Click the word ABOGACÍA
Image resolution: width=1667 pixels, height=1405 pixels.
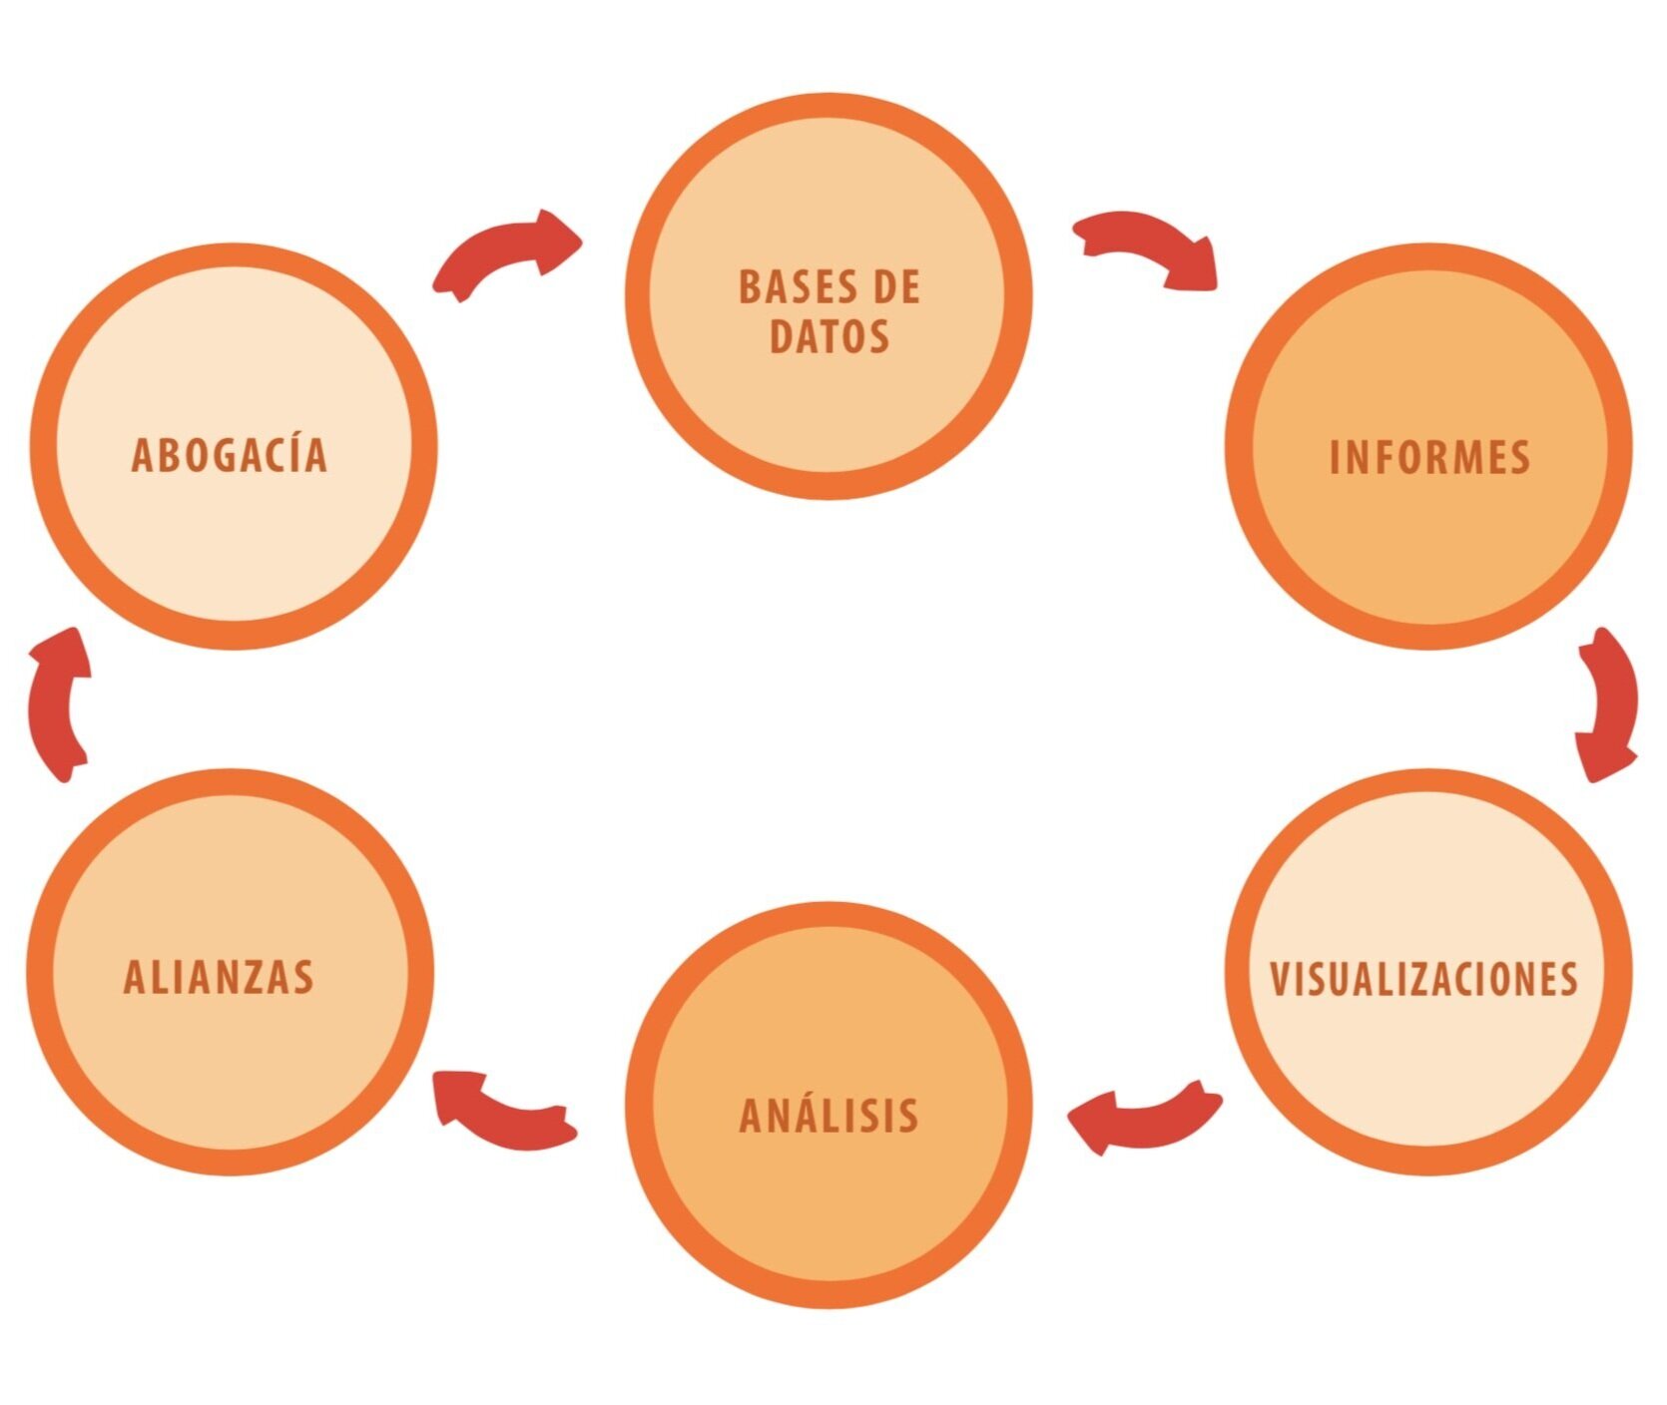pos(229,455)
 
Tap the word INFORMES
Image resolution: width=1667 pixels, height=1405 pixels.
pos(1429,458)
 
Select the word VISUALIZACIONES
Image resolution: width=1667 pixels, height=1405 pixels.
pos(1423,979)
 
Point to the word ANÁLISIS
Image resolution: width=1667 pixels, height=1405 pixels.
pos(829,1115)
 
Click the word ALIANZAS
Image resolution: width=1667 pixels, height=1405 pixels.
pos(219,977)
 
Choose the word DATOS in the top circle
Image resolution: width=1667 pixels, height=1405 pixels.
pos(829,336)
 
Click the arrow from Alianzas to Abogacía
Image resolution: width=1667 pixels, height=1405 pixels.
pos(58,703)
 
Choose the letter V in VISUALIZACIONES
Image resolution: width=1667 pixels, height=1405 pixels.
pos(1280,980)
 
